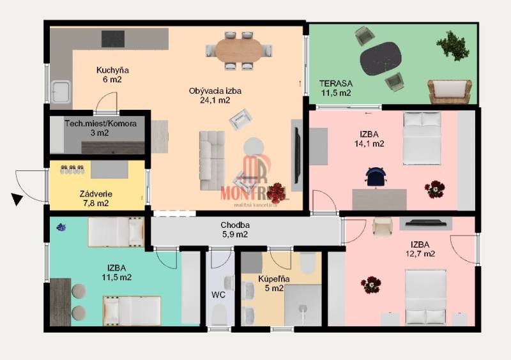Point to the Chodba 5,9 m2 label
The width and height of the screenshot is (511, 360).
[234, 229]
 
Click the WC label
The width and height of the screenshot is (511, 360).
[218, 295]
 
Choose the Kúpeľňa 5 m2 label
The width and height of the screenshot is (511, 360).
[274, 283]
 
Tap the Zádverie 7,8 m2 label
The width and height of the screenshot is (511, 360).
[96, 199]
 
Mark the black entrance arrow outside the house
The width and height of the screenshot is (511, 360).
[17, 199]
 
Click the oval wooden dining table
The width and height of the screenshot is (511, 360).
[239, 50]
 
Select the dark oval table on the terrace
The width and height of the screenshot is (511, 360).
[381, 59]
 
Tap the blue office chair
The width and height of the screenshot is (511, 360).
[376, 177]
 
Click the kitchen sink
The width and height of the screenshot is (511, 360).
[61, 91]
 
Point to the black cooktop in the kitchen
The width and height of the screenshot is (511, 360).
[113, 39]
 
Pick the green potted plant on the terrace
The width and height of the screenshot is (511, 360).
[453, 45]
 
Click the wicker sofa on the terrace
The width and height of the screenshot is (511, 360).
[450, 91]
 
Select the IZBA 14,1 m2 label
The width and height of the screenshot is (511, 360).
[369, 139]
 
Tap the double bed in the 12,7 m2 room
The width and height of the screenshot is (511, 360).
[425, 297]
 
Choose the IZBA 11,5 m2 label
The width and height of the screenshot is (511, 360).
[117, 273]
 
